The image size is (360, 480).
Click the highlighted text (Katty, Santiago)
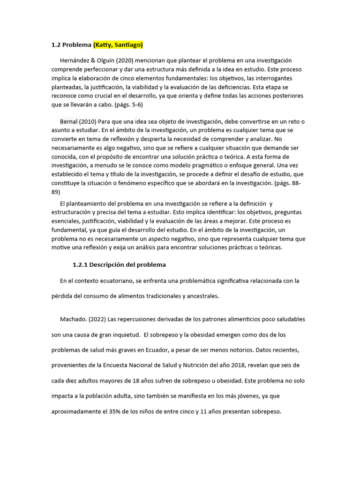pos(118,45)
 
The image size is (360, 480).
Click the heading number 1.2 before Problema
pos(56,45)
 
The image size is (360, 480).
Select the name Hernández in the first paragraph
pos(75,60)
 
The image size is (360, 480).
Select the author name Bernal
pos(69,122)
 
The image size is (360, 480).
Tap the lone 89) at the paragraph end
pos(55,192)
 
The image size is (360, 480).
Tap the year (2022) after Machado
pos(97,319)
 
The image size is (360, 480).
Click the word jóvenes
pos(240,396)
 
